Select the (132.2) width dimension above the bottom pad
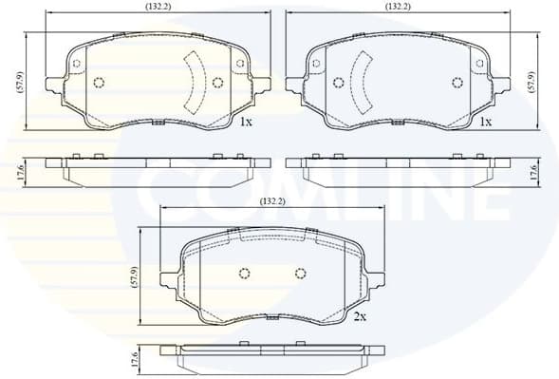tap(273, 201)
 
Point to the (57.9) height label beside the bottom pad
tap(134, 276)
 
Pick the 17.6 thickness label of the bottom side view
tap(134, 360)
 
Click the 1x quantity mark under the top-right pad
tap(485, 123)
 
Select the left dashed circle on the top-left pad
tap(100, 83)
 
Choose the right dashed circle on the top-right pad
tap(459, 82)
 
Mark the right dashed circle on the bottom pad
tap(301, 275)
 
